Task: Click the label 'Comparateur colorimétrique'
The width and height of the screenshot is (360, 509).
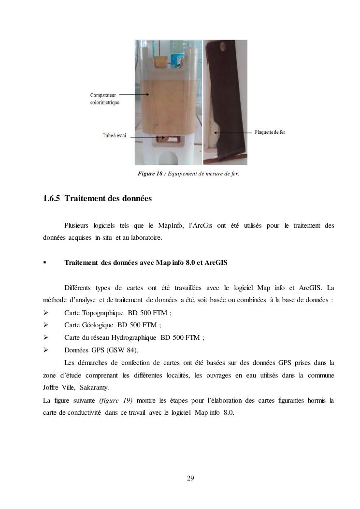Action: pyautogui.click(x=104, y=99)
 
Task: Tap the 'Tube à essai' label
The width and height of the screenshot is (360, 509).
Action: pyautogui.click(x=114, y=136)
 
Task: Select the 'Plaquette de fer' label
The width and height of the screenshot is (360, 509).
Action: pyautogui.click(x=270, y=132)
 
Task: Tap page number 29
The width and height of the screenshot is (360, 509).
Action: pyautogui.click(x=190, y=478)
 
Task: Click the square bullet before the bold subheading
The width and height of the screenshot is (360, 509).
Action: pyautogui.click(x=44, y=262)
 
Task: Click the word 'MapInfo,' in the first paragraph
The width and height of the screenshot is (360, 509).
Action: pyautogui.click(x=169, y=225)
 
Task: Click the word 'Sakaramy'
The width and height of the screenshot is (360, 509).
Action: pyautogui.click(x=94, y=387)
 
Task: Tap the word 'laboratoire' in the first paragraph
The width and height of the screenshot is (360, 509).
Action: pyautogui.click(x=146, y=238)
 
